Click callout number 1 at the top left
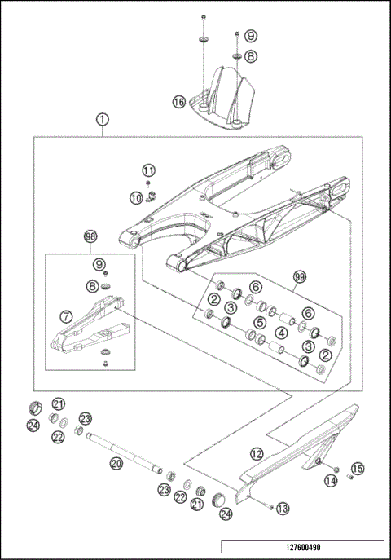point(102,119)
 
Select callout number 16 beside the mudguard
point(178,102)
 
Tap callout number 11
point(147,170)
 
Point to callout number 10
point(136,197)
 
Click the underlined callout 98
point(90,237)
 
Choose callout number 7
point(67,314)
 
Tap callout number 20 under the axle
point(116,463)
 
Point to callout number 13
point(283,508)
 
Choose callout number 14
point(331,481)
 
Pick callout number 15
point(357,468)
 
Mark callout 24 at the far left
point(33,425)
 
